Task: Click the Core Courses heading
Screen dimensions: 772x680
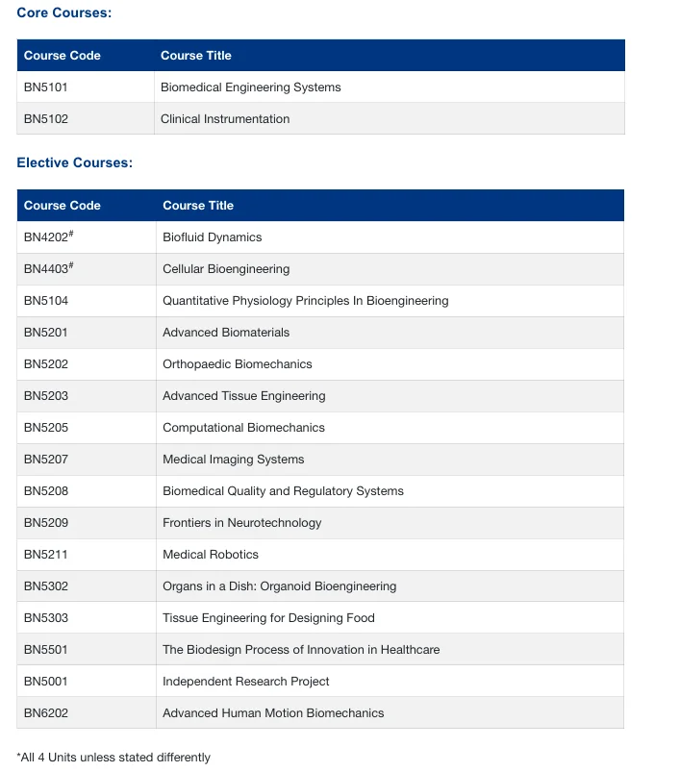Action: pyautogui.click(x=63, y=12)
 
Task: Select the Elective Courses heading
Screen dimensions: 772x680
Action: pyautogui.click(x=74, y=162)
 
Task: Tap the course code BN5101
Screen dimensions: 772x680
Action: pyautogui.click(x=45, y=87)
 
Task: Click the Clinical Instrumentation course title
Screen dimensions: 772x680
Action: pyautogui.click(x=224, y=119)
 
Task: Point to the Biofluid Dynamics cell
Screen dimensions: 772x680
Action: pyautogui.click(x=212, y=237)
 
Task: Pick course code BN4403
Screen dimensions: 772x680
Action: pyautogui.click(x=47, y=269)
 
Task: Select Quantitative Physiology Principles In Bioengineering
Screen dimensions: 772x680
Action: pyautogui.click(x=305, y=301)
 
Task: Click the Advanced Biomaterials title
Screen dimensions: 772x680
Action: pyautogui.click(x=225, y=333)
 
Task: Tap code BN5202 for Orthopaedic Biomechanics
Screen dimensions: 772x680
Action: pyautogui.click(x=45, y=364)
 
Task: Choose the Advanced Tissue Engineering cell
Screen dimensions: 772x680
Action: pyautogui.click(x=243, y=396)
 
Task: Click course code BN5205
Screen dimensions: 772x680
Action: pyautogui.click(x=45, y=428)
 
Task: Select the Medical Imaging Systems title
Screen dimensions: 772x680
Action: pyautogui.click(x=233, y=460)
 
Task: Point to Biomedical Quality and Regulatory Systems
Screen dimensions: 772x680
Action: pyautogui.click(x=283, y=491)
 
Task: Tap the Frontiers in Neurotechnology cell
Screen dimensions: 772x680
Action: pyautogui.click(x=241, y=523)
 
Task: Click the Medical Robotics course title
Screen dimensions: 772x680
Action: pyautogui.click(x=210, y=555)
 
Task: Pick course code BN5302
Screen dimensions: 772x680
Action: pyautogui.click(x=45, y=586)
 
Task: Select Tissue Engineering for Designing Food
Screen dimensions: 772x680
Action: pyautogui.click(x=268, y=618)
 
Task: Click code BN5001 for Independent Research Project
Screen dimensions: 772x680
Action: pyautogui.click(x=45, y=682)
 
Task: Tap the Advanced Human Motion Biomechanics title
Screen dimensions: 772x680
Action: pyautogui.click(x=272, y=713)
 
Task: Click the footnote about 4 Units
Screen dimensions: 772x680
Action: pyautogui.click(x=113, y=758)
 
